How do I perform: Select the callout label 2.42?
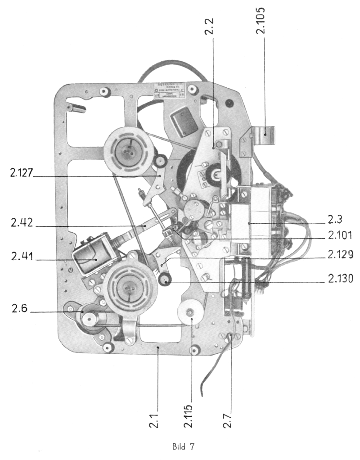(x=18, y=223)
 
